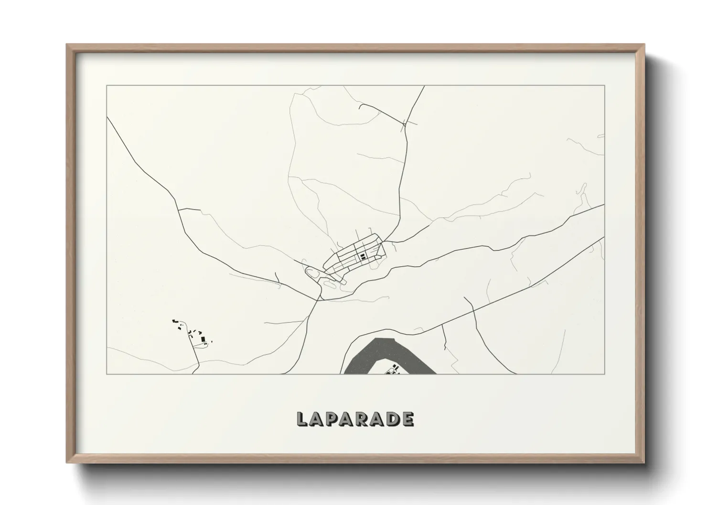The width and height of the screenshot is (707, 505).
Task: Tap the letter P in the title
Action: [332, 419]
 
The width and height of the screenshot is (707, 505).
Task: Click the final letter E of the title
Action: [407, 419]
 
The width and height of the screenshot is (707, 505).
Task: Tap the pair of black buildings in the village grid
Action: [363, 256]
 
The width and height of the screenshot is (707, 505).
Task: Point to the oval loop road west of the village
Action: [313, 274]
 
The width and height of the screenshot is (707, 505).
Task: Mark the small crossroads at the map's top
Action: [405, 124]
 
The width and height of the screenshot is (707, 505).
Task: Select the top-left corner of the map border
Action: [107, 86]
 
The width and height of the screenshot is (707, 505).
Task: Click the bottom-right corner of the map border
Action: [604, 374]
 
